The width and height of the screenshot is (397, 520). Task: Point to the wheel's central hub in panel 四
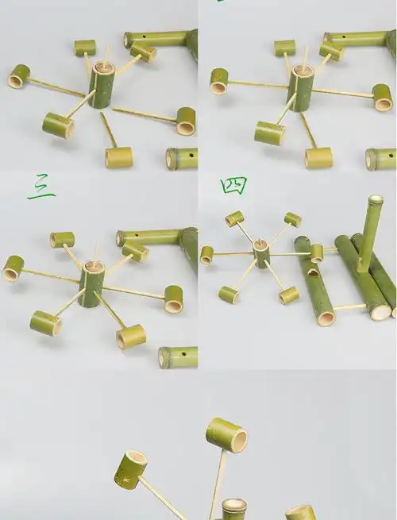tap(261, 254)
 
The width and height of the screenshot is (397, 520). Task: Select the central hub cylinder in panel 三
tap(91, 283)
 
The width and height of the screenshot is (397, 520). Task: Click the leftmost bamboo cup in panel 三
tap(13, 268)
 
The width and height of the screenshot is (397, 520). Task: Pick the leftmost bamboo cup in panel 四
tap(207, 255)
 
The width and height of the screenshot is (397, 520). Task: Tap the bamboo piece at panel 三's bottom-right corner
tap(177, 356)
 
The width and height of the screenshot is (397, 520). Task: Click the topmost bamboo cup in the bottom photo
tap(226, 434)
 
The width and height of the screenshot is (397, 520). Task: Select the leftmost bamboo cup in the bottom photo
tap(132, 468)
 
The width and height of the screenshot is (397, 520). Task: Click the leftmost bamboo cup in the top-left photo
tap(18, 76)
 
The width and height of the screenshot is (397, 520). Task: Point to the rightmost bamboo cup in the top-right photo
tap(383, 98)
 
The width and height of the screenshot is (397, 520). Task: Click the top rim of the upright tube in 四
tap(376, 200)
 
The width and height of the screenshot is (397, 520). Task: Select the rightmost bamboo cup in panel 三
tap(173, 299)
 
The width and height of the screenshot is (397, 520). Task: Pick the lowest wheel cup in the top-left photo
tap(118, 156)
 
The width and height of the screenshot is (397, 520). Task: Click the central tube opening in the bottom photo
tap(234, 507)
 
